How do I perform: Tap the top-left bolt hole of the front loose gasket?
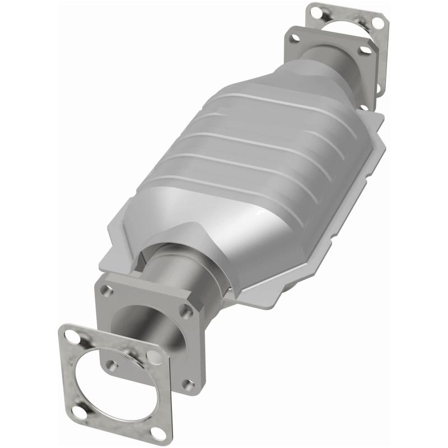[x=72, y=337]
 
